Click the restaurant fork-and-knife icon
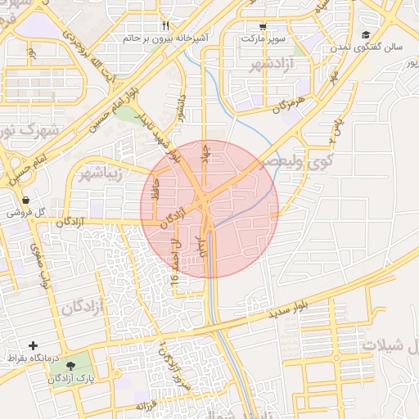pyautogui.click(x=166, y=25)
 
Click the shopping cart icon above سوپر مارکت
pyautogui.click(x=262, y=25)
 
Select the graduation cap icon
pyautogui.click(x=365, y=34)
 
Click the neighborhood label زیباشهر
pyautogui.click(x=100, y=174)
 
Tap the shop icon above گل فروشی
pyautogui.click(x=25, y=200)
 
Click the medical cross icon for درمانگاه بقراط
pyautogui.click(x=34, y=346)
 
